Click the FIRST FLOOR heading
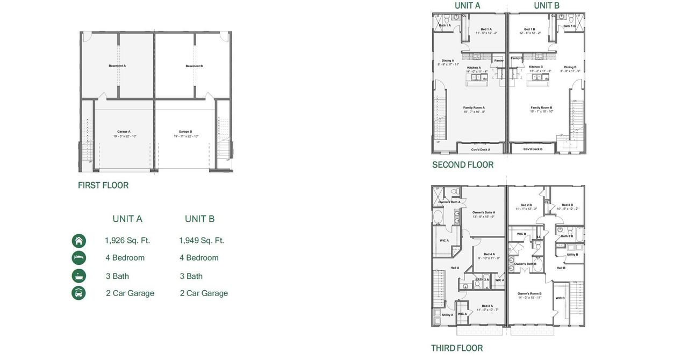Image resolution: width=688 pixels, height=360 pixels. [103, 185]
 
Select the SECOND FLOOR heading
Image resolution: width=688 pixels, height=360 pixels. [463, 165]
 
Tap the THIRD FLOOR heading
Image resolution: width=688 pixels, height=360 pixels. [457, 348]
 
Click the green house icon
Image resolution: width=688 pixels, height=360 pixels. [79, 241]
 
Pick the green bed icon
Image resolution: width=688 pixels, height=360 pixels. [79, 258]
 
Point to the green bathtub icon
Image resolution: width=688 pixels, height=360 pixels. [79, 276]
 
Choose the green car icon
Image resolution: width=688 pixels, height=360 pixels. [79, 293]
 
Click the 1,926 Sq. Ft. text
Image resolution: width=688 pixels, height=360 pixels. [127, 241]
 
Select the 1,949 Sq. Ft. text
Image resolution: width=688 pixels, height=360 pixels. [202, 241]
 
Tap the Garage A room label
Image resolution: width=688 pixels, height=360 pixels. [124, 132]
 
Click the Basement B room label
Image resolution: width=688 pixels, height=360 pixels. [194, 66]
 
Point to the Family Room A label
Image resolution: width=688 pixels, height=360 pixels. [474, 108]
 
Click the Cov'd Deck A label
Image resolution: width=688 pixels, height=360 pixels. [481, 149]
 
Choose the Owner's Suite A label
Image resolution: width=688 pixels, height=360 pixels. [483, 213]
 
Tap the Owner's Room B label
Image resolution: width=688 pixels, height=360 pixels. [529, 293]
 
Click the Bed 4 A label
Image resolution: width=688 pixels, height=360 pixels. [489, 254]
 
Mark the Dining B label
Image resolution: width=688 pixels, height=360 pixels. [570, 67]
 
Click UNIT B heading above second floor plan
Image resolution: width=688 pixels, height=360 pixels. [547, 5]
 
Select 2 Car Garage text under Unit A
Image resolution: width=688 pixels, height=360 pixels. [130, 293]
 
